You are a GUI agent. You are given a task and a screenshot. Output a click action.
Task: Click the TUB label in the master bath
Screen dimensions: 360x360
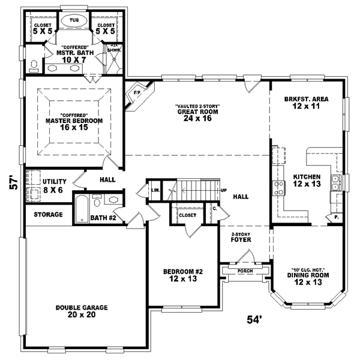pos(74,20)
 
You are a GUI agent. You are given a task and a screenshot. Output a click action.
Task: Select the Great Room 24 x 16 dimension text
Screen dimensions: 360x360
pos(197,118)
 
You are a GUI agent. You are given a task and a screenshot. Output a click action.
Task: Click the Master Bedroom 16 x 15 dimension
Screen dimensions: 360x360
pos(74,128)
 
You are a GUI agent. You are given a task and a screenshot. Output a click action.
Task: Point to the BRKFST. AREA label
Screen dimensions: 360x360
pos(306,98)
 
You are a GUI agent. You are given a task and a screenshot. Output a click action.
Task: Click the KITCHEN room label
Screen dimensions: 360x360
pos(307,177)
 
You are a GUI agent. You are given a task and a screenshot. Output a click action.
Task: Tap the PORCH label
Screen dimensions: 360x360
pos(245,271)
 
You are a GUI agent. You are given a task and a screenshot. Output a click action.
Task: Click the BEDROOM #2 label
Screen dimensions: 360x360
pos(183,272)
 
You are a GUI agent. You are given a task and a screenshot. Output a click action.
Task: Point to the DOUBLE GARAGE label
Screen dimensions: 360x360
pos(82,308)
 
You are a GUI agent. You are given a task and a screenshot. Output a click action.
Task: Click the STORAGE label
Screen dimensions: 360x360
pos(48,214)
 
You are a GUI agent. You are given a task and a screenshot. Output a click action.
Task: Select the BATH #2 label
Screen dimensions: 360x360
pos(102,218)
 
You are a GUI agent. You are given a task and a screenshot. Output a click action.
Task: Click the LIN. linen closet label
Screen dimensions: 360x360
pos(155,190)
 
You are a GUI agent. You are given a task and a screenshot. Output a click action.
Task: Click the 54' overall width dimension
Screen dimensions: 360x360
pos(254,319)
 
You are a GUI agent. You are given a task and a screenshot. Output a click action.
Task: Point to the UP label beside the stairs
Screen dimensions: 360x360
pos(224,190)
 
